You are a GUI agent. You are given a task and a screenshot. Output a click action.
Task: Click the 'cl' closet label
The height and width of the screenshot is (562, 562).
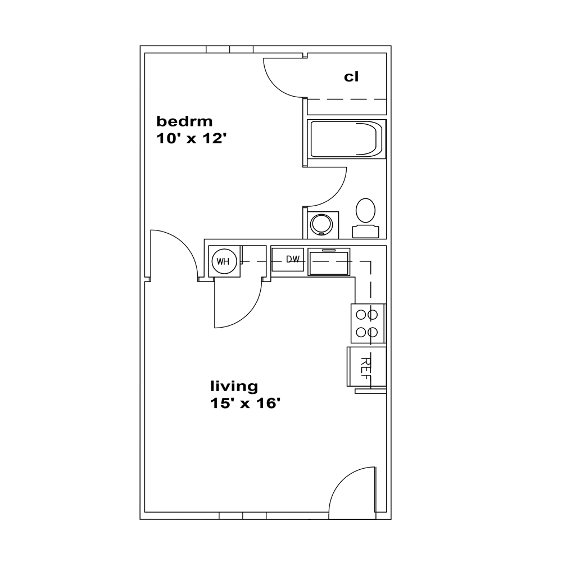tap(351, 76)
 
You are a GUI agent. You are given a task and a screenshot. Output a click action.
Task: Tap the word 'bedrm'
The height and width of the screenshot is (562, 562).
tap(184, 121)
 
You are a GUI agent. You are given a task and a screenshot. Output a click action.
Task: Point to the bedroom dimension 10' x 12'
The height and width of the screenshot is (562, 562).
tap(192, 138)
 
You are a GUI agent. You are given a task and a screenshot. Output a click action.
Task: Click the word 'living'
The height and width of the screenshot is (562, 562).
tap(234, 387)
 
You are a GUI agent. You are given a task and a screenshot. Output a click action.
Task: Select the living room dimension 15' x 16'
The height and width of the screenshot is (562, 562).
tap(245, 404)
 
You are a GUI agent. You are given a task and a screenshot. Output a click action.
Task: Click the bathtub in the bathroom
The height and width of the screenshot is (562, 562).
tap(347, 139)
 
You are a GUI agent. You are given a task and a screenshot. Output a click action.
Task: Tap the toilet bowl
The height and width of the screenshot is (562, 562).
tap(366, 210)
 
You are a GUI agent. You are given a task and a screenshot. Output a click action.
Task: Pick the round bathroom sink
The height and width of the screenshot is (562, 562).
tap(322, 225)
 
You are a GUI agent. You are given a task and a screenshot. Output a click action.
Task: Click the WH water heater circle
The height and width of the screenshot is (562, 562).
tap(224, 261)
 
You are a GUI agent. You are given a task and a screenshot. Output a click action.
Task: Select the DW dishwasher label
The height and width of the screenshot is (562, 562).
tap(293, 259)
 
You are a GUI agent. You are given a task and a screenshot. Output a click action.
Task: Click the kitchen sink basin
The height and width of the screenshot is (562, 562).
tap(329, 262)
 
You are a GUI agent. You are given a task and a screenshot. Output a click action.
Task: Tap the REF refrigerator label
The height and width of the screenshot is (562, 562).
tap(365, 368)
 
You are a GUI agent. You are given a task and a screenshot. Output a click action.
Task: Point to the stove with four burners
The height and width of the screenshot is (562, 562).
tap(368, 323)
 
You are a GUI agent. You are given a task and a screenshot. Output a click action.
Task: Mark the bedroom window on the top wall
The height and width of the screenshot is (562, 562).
tap(230, 49)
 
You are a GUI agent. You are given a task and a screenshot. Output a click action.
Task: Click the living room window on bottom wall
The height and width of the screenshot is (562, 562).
tap(243, 515)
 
